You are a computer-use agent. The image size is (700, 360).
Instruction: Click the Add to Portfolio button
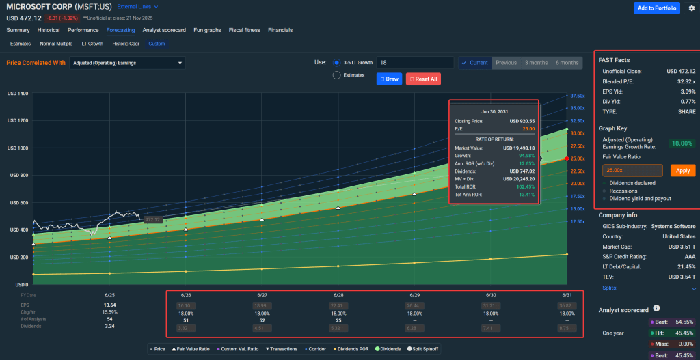pyautogui.click(x=656, y=8)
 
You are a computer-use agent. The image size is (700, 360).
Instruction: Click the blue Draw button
pyautogui.click(x=388, y=79)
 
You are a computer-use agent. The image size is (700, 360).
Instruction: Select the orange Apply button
pyautogui.click(x=683, y=170)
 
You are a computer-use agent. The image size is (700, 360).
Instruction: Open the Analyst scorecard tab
pyautogui.click(x=164, y=30)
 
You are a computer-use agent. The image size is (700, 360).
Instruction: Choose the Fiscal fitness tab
pyautogui.click(x=245, y=30)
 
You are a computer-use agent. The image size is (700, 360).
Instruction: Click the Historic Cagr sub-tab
pyautogui.click(x=126, y=44)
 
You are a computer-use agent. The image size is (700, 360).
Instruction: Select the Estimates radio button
pyautogui.click(x=337, y=75)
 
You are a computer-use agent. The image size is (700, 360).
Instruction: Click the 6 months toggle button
pyautogui.click(x=567, y=63)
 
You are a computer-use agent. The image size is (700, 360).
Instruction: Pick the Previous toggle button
pyautogui.click(x=506, y=63)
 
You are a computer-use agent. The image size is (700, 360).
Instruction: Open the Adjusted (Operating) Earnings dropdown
pyautogui.click(x=127, y=63)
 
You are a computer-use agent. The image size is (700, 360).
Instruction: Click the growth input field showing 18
pyautogui.click(x=414, y=63)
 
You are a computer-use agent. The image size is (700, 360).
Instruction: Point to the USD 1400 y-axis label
pyautogui.click(x=17, y=93)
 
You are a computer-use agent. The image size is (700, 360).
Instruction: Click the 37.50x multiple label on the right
pyautogui.click(x=577, y=96)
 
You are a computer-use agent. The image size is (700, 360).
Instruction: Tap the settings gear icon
pyautogui.click(x=691, y=8)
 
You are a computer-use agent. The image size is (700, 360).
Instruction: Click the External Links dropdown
pyautogui.click(x=137, y=7)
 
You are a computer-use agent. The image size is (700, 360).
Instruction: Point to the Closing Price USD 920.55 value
pyautogui.click(x=521, y=120)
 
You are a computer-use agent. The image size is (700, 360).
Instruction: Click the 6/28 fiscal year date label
pyautogui.click(x=338, y=294)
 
